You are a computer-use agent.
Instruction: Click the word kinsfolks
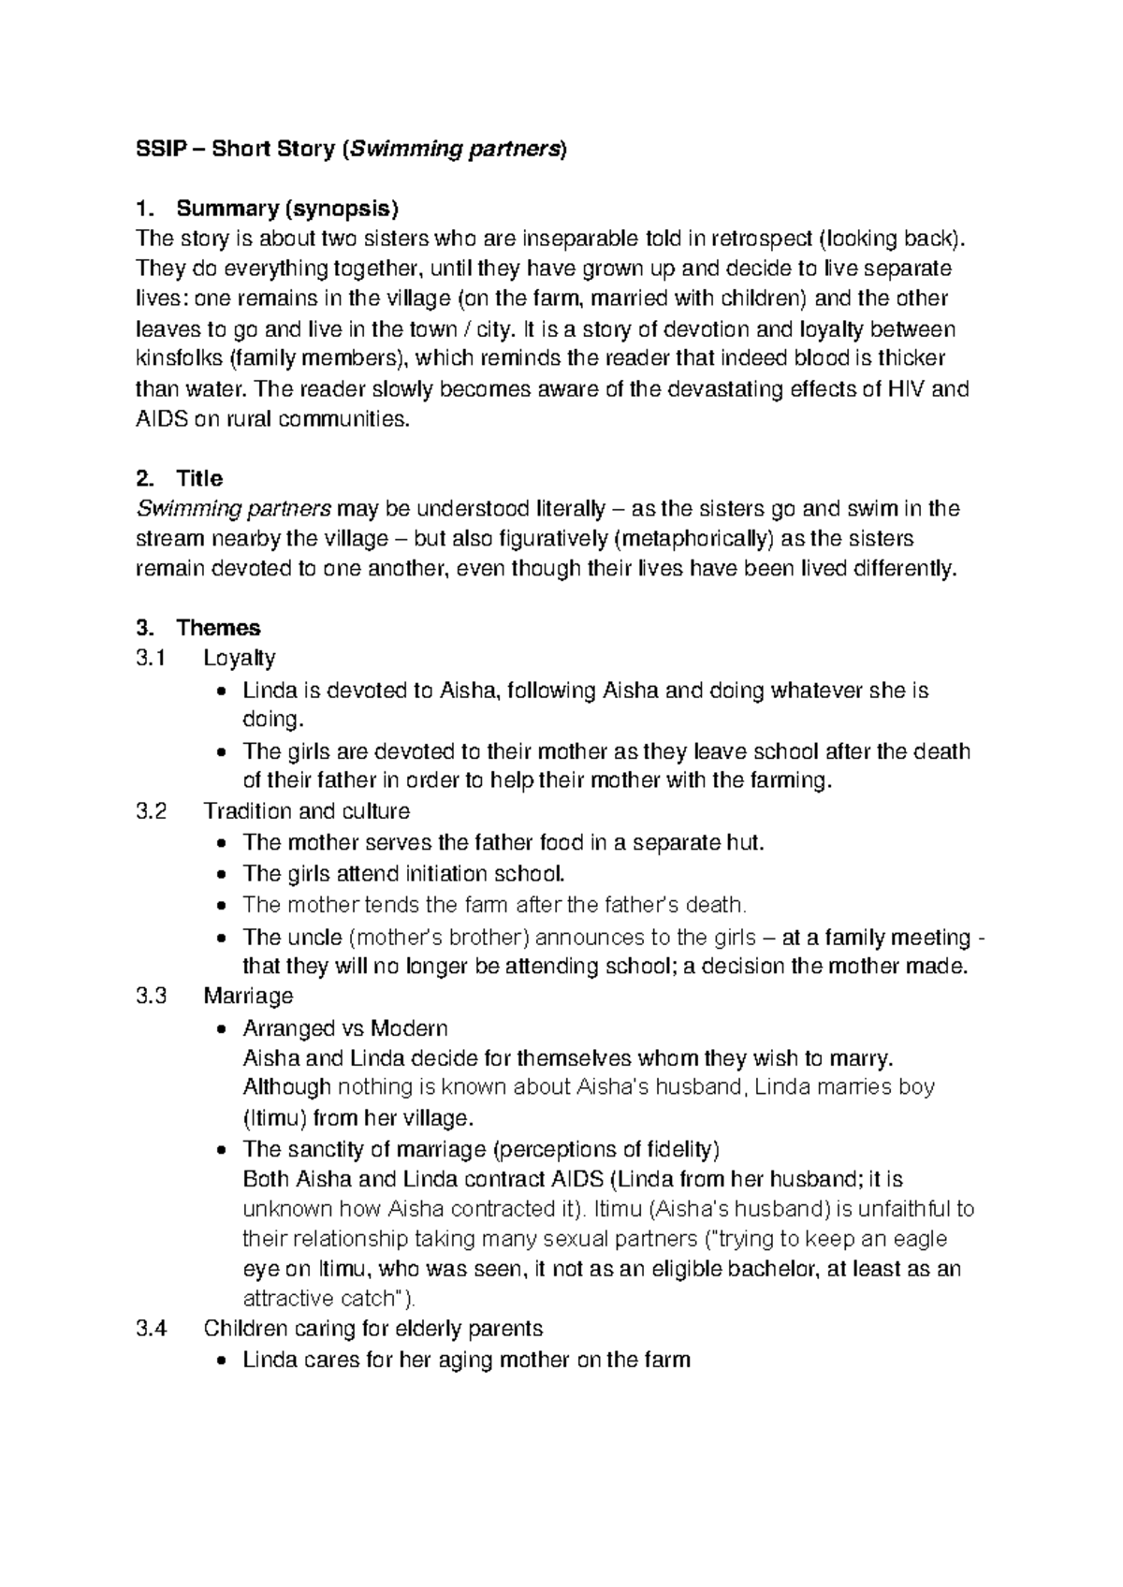pyautogui.click(x=179, y=358)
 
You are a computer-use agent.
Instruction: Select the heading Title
pyautogui.click(x=198, y=479)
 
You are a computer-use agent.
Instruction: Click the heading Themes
pyautogui.click(x=218, y=628)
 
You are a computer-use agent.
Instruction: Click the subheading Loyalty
pyautogui.click(x=240, y=659)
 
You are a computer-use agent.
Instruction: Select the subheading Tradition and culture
pyautogui.click(x=306, y=811)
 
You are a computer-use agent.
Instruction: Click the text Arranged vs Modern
pyautogui.click(x=344, y=1028)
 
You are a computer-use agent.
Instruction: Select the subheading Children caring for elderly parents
pyautogui.click(x=372, y=1329)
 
